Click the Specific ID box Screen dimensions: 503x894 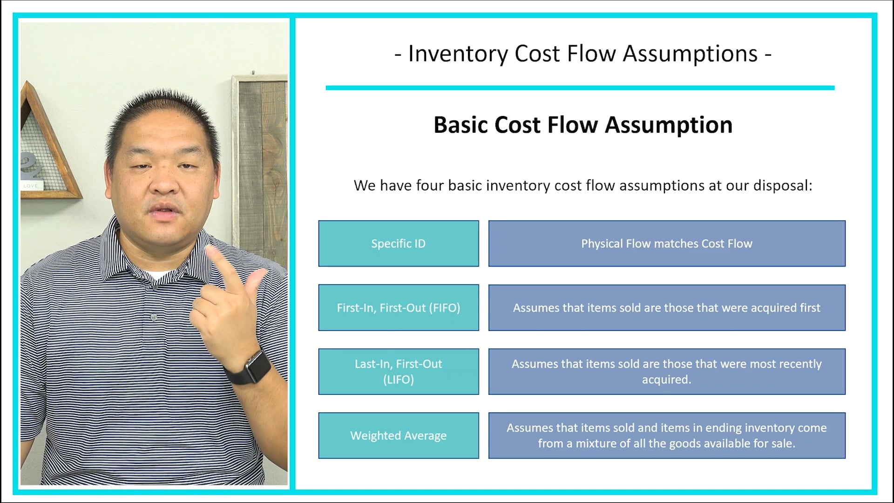coord(398,244)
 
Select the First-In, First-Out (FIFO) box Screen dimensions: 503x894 coord(398,308)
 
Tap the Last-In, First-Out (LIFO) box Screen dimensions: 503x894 coord(398,372)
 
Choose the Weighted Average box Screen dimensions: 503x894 coord(398,435)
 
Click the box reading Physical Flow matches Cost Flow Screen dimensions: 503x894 coord(666,244)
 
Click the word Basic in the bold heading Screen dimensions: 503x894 coord(461,125)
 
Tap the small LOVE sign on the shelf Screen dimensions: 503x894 coord(31,185)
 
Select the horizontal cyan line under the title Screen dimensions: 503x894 coord(580,88)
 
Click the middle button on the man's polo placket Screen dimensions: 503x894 coord(154,317)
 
